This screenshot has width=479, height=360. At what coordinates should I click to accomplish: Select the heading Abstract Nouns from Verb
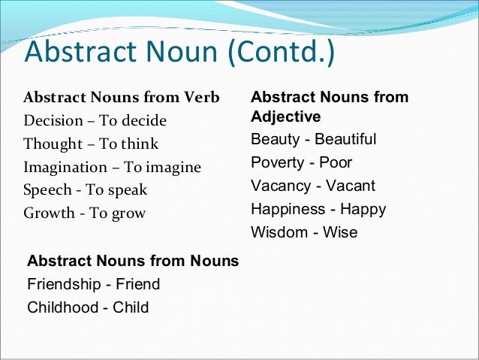click(122, 98)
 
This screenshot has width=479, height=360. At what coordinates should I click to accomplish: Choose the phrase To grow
click(117, 213)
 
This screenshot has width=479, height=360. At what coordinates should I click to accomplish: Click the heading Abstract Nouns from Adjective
click(330, 107)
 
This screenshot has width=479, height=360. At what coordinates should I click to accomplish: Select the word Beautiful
click(345, 140)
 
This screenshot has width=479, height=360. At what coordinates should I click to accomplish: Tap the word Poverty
click(278, 163)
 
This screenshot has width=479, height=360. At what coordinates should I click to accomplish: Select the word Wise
click(340, 232)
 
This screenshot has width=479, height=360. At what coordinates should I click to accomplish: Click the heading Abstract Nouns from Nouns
click(133, 262)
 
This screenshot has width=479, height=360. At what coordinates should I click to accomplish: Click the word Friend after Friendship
click(137, 284)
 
